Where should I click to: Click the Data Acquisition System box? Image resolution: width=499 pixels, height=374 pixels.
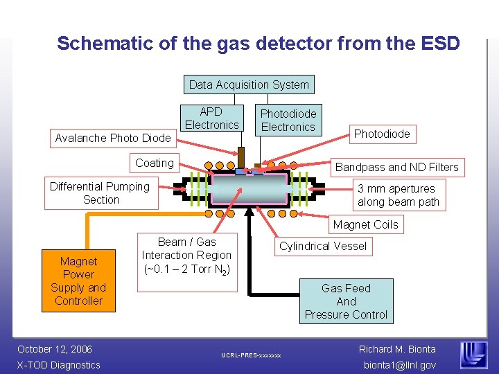tap(249, 84)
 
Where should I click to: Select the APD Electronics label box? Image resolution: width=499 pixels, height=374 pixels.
tap(211, 118)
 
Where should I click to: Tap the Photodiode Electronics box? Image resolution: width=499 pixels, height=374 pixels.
tap(288, 120)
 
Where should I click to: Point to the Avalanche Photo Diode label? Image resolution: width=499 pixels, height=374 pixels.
tap(112, 138)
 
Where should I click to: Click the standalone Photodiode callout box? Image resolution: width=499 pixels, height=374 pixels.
tap(382, 134)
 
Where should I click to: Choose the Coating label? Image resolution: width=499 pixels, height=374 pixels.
tap(155, 163)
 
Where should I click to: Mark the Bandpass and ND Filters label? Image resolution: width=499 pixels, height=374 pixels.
tap(396, 167)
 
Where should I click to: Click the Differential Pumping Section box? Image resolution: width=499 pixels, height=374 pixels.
tap(100, 193)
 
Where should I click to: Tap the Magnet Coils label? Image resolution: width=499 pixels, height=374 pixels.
tap(365, 224)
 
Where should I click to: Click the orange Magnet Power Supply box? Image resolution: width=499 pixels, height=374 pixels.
tap(78, 281)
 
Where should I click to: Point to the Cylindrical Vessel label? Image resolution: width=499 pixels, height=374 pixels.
tap(323, 246)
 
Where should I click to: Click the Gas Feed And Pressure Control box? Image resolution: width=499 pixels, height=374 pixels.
tap(346, 301)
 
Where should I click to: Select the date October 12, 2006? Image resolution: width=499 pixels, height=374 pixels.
tap(55, 348)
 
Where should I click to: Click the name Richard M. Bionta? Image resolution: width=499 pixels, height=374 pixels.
tap(397, 348)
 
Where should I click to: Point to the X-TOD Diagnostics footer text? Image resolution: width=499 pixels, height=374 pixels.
tap(59, 365)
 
